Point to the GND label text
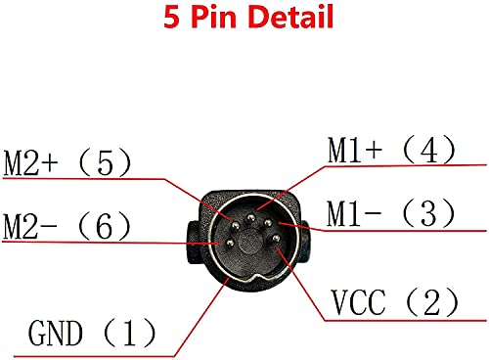pos(55,336)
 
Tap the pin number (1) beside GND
pos(134,336)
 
